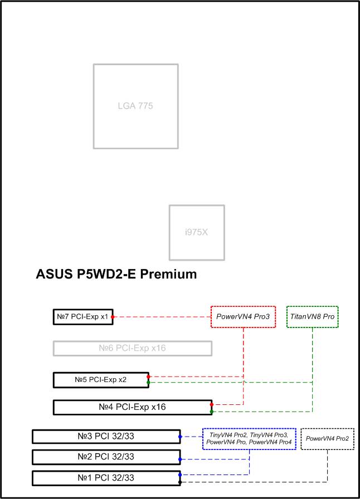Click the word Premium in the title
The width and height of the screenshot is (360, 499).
[168, 274]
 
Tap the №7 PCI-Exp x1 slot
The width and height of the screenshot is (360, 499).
[83, 317]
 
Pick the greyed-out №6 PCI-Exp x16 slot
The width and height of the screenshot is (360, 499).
[133, 348]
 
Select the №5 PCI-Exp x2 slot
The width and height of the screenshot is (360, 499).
[101, 380]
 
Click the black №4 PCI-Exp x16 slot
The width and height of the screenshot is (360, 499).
[133, 407]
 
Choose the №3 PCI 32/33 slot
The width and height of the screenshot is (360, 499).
[106, 436]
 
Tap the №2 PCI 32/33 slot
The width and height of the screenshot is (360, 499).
[106, 457]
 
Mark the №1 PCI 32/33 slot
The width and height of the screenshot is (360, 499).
[106, 478]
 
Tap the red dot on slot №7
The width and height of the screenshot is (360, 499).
[113, 317]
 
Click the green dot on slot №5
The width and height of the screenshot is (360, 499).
[148, 382]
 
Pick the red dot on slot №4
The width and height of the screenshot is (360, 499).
[212, 404]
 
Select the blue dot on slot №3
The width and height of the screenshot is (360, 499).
[180, 437]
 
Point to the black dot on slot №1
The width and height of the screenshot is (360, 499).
[180, 482]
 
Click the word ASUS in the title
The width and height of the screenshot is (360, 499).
[54, 274]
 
